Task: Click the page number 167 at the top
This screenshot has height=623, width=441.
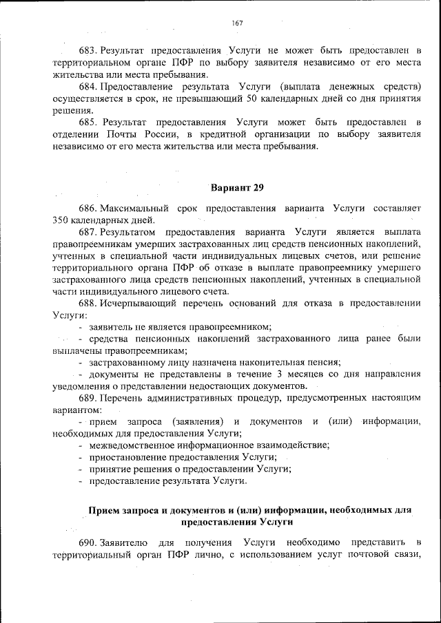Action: click(x=238, y=23)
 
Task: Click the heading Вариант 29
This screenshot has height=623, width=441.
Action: click(x=237, y=187)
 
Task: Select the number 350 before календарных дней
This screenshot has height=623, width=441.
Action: click(x=62, y=220)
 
